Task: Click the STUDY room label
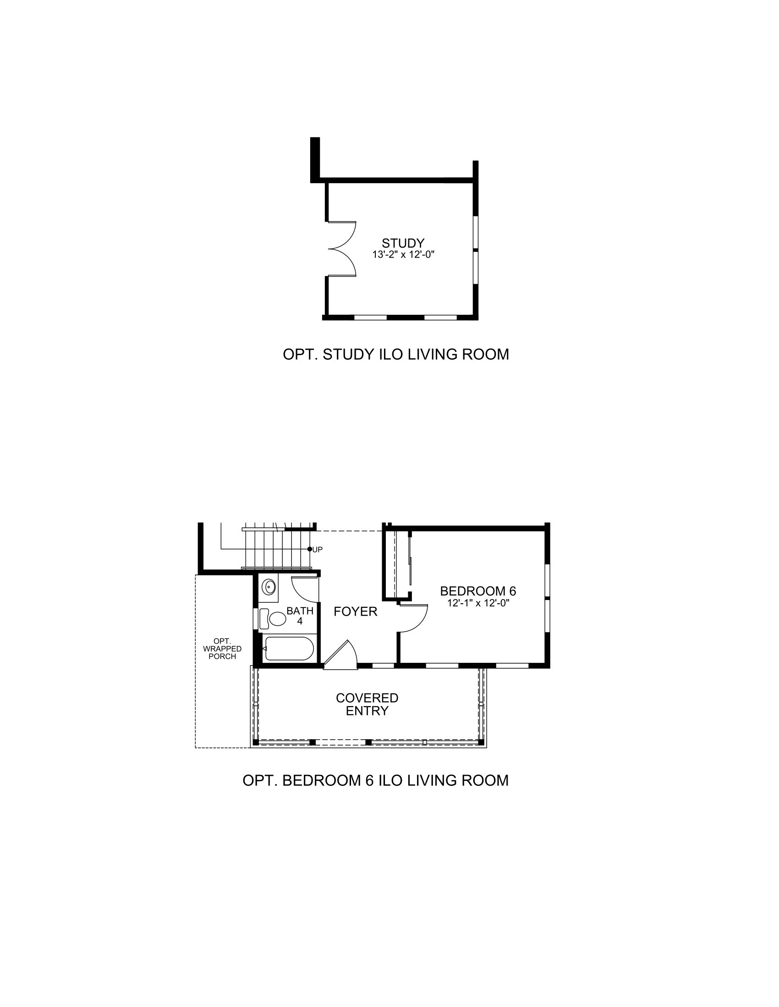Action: click(x=403, y=243)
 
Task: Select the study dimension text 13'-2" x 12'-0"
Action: click(x=404, y=254)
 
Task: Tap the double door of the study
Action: click(x=342, y=249)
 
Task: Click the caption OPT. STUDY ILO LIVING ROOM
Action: click(x=396, y=354)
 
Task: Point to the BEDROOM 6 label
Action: click(x=478, y=591)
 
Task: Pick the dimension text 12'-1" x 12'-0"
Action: click(x=478, y=603)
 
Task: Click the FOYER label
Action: click(x=355, y=612)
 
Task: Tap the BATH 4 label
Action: click(x=300, y=616)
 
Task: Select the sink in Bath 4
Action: click(x=269, y=587)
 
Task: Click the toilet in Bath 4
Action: click(x=273, y=618)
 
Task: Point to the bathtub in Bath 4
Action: click(x=289, y=649)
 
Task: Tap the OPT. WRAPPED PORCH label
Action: click(x=222, y=649)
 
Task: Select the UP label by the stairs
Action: click(x=318, y=550)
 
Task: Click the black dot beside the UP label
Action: click(x=310, y=549)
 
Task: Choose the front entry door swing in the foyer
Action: click(x=341, y=653)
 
